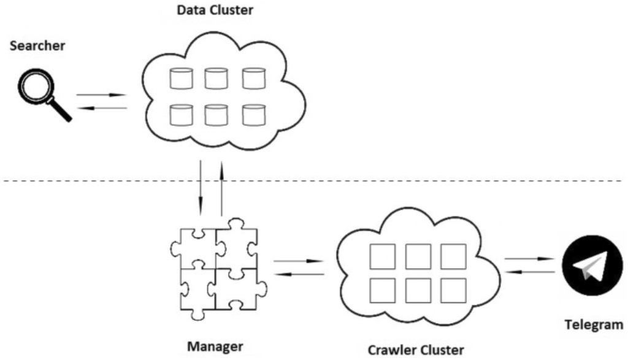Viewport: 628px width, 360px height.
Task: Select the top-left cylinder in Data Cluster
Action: click(180, 78)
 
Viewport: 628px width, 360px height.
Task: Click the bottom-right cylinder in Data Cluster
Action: click(253, 114)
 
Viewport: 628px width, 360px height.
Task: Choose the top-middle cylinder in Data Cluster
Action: click(216, 78)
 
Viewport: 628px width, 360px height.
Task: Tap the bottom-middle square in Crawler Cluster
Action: click(417, 289)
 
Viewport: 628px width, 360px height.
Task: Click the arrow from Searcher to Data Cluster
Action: click(101, 95)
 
